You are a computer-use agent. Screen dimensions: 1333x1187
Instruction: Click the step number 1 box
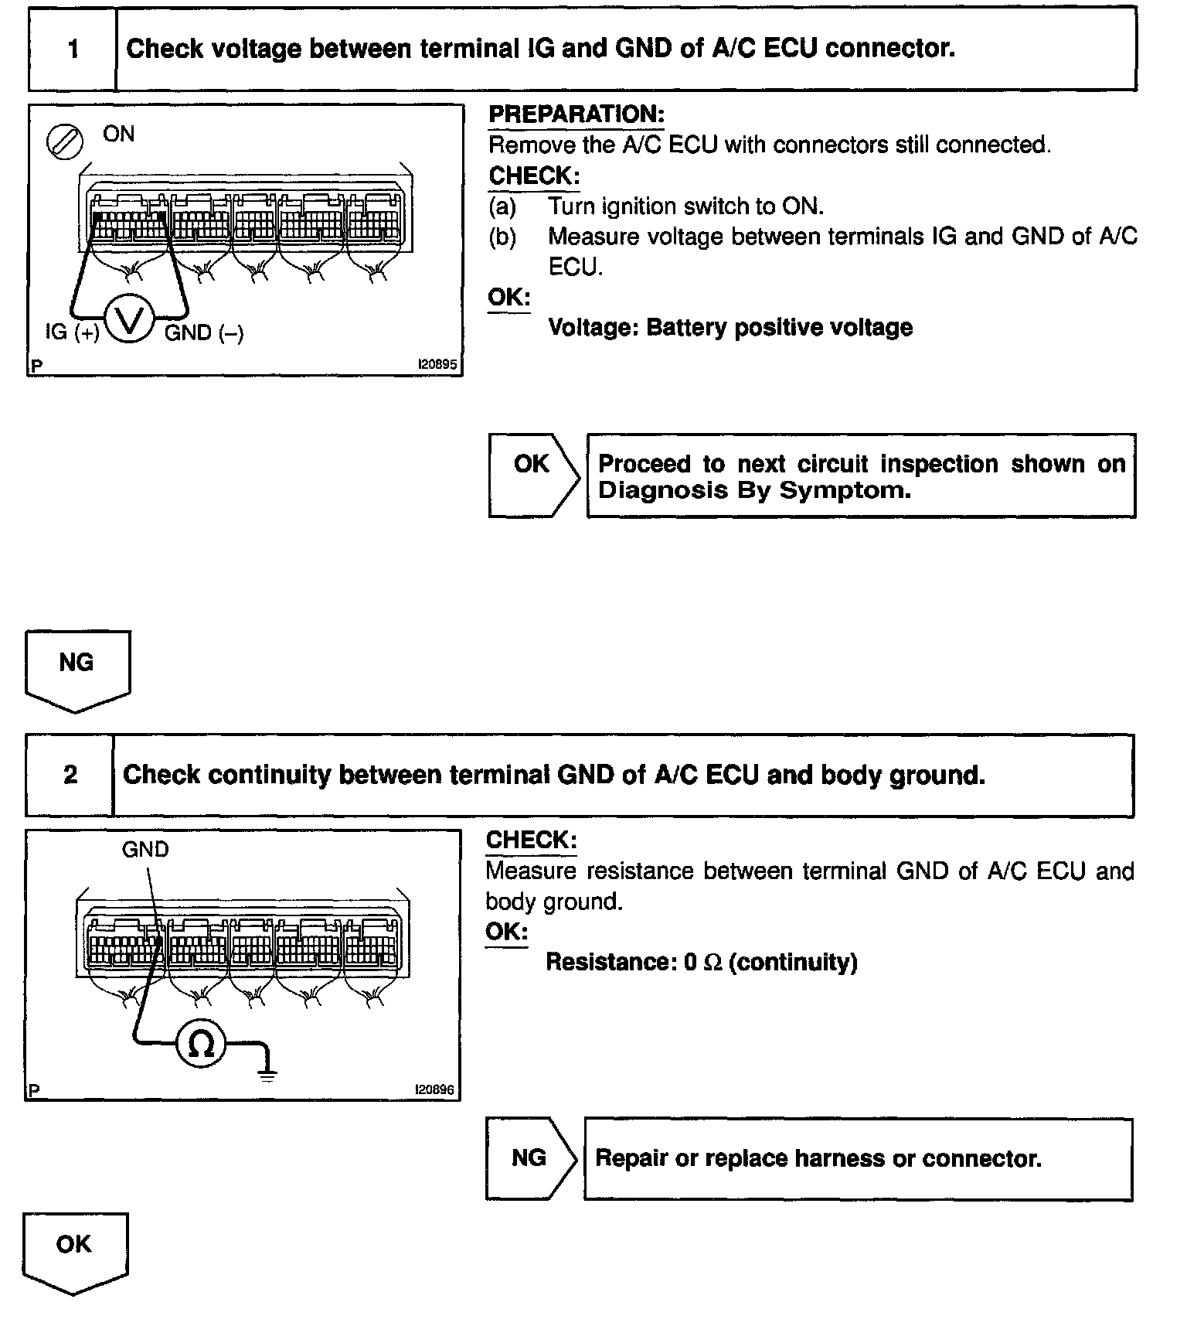point(73,49)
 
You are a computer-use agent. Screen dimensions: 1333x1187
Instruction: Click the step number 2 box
point(70,775)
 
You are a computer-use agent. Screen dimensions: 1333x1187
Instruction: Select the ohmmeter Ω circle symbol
point(201,1045)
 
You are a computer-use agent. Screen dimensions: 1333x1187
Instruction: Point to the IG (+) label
point(72,332)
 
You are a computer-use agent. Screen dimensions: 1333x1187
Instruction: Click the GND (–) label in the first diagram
point(204,332)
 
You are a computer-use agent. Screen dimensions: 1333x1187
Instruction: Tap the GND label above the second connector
point(145,850)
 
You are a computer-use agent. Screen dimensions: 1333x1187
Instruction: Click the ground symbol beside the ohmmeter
point(267,1071)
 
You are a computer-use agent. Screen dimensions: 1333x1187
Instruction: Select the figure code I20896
point(435,1089)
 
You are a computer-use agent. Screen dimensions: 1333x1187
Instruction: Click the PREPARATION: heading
point(576,114)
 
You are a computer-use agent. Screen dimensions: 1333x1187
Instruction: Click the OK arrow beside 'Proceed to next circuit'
point(533,475)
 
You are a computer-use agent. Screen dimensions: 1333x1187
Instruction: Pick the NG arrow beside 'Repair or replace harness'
point(531,1158)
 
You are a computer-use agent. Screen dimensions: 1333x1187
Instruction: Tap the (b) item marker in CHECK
point(502,237)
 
